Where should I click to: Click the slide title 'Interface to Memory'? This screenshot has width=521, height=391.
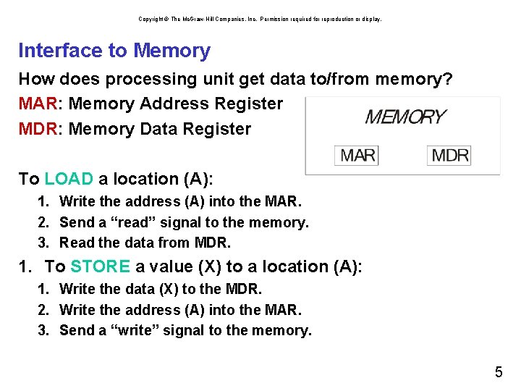coord(114,51)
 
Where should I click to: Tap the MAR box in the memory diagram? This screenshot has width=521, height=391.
coord(358,155)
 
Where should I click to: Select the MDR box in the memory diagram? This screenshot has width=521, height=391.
coord(450,155)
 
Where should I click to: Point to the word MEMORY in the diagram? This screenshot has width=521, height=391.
coord(405,117)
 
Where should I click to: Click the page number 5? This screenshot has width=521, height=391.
coord(499,373)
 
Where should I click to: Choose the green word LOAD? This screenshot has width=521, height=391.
coord(69,179)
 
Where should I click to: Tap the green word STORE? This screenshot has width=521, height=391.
coord(100,266)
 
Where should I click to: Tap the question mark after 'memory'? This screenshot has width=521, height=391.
coord(448,78)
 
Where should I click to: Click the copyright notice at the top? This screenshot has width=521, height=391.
coord(260,19)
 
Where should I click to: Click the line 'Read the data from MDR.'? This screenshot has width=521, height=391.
coord(145,243)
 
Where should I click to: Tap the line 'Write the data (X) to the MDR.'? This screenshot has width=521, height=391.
coord(161,289)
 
